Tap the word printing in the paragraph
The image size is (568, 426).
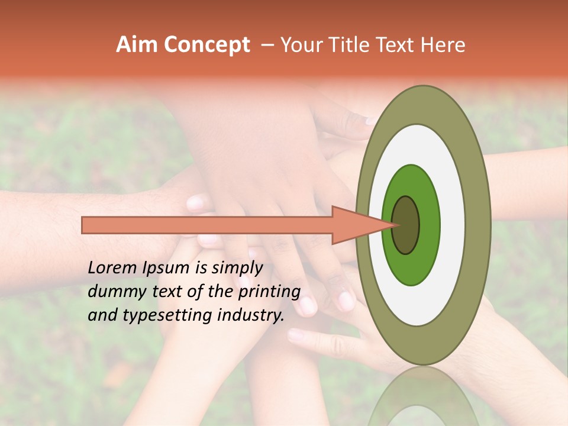coord(269,292)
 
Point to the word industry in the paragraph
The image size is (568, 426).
coord(251,315)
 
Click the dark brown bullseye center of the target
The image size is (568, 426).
coord(406,225)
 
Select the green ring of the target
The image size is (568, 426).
coord(428,225)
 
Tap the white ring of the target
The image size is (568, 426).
coord(452,225)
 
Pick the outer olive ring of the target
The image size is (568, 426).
coord(478,225)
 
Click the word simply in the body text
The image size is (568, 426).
coord(237,267)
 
